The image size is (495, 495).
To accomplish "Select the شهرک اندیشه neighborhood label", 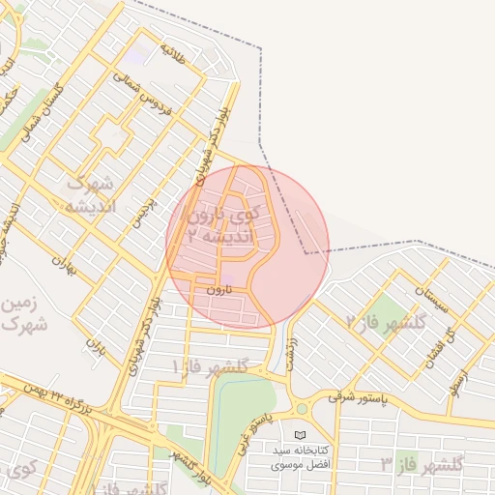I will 90,195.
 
